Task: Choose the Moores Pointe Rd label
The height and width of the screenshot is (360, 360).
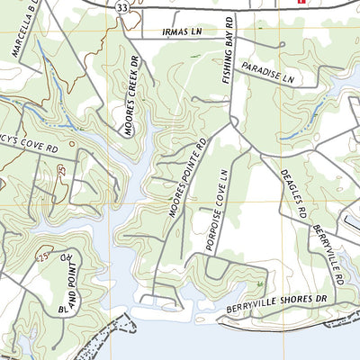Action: point(184,177)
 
